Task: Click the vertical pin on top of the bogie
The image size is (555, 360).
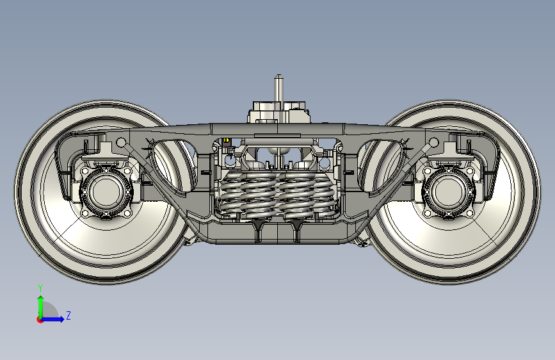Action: [278, 88]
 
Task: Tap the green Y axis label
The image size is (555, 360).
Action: [40, 288]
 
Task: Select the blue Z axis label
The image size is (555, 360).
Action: [68, 315]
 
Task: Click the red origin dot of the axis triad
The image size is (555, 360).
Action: [39, 320]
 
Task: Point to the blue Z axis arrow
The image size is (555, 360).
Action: [53, 319]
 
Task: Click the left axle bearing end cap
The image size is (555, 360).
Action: [106, 192]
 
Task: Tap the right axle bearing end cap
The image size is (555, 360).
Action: [449, 192]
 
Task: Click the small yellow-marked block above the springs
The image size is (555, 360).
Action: [226, 142]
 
